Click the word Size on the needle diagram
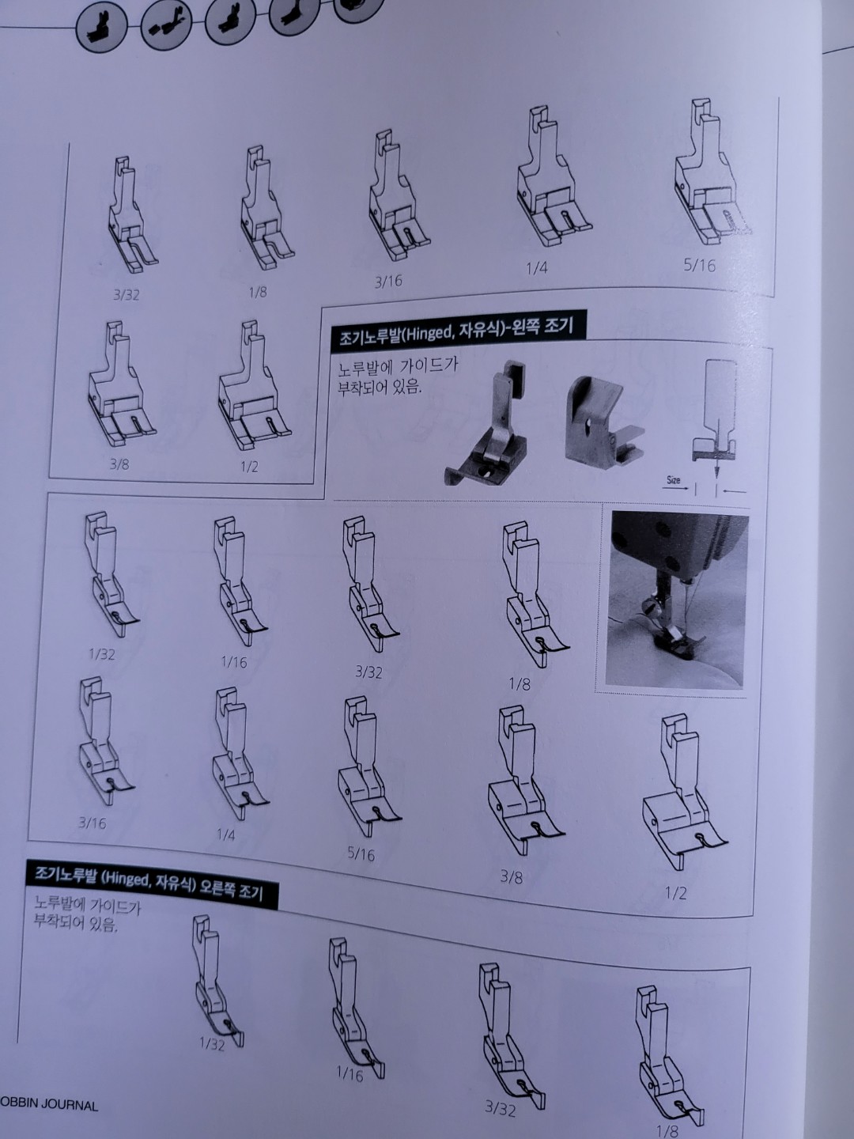(x=673, y=480)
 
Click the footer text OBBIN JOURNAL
(x=49, y=1104)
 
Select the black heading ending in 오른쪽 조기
(x=151, y=884)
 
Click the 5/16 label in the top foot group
(x=699, y=265)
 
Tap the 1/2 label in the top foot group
(x=249, y=467)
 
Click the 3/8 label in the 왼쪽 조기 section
(x=511, y=876)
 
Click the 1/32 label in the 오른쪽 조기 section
(x=212, y=1044)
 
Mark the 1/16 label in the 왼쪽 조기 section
(x=234, y=662)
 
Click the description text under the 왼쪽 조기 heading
(x=397, y=377)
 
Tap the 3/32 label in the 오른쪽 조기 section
(x=500, y=1109)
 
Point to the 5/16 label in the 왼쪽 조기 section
(x=361, y=854)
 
